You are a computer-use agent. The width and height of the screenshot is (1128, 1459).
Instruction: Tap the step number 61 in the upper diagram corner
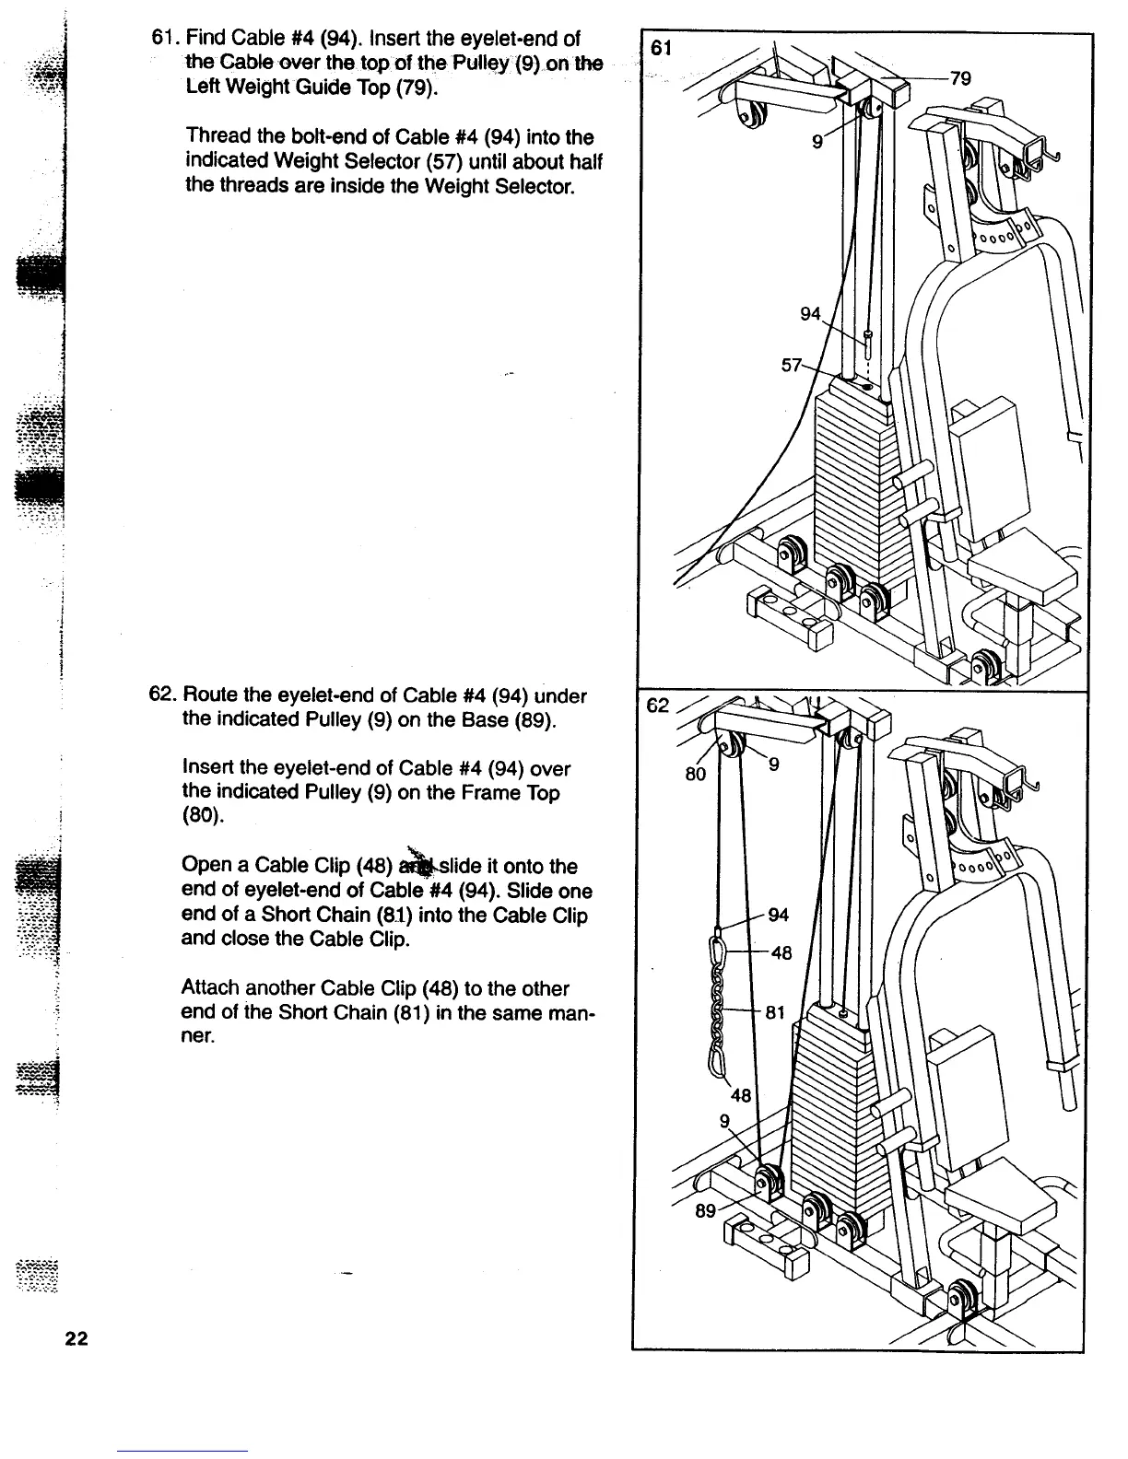point(661,48)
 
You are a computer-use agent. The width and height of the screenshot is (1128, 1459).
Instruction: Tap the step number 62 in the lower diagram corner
point(657,706)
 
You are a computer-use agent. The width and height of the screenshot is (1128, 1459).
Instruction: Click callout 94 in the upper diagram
point(810,314)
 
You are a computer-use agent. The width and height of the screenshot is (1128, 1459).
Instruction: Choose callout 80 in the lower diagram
point(695,774)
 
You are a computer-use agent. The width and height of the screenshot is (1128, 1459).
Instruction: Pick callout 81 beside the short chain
point(776,1012)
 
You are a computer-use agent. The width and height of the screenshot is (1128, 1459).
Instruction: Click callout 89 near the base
point(705,1211)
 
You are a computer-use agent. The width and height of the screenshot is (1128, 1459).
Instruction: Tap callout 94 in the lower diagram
point(779,915)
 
